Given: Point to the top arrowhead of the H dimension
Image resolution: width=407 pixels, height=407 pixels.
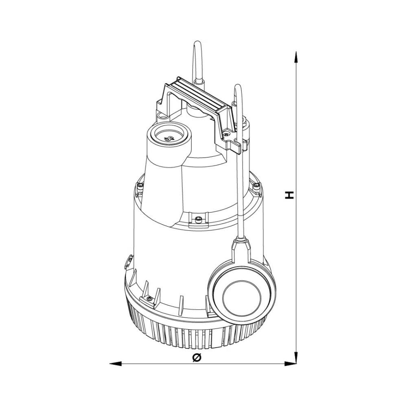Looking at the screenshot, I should (296, 57).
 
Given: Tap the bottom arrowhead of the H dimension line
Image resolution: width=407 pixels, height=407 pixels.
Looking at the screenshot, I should (296, 358).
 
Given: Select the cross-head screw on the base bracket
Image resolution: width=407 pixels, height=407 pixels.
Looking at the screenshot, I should (149, 299).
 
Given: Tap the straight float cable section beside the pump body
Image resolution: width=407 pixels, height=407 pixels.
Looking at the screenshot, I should (241, 195).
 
